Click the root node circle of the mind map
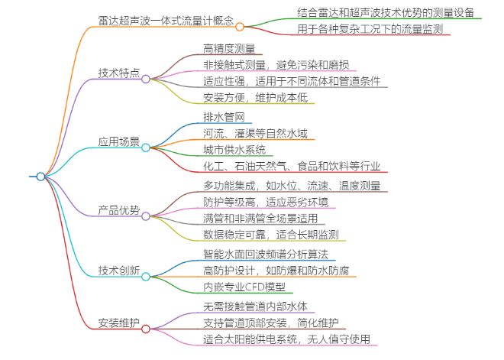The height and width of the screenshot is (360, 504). click(x=41, y=177)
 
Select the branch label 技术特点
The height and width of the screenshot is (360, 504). click(x=118, y=73)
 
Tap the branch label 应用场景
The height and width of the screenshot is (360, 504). click(x=118, y=141)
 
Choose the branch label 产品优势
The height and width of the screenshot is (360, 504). click(x=118, y=210)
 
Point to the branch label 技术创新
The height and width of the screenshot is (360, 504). click(x=118, y=271)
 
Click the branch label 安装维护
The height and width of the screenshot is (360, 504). click(x=118, y=323)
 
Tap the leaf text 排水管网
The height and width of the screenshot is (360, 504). click(x=224, y=117)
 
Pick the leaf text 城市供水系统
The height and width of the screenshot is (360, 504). click(x=234, y=150)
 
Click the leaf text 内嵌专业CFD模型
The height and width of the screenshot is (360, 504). click(x=244, y=287)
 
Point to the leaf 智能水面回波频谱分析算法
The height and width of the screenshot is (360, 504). click(x=266, y=255)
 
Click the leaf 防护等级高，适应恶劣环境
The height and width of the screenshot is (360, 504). click(x=266, y=202)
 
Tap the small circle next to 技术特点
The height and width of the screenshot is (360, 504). click(x=146, y=78)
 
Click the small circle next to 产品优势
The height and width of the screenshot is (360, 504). click(x=146, y=216)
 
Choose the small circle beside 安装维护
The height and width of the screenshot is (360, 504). click(x=146, y=329)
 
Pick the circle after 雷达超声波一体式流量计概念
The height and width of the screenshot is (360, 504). click(x=240, y=27)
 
